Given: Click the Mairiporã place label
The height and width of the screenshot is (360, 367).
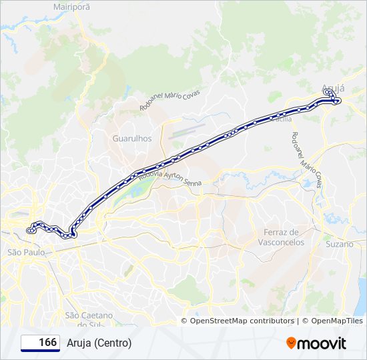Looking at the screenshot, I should pyautogui.click(x=71, y=6).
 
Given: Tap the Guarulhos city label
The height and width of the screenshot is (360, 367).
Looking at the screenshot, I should pyautogui.click(x=132, y=139).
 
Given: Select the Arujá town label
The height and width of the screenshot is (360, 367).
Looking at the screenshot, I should pyautogui.click(x=333, y=87).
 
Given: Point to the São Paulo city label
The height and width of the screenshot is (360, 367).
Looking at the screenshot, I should pyautogui.click(x=26, y=253).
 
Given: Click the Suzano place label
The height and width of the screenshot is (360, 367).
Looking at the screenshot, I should pyautogui.click(x=338, y=245).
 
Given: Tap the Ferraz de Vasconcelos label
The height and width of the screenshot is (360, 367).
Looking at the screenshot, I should pyautogui.click(x=281, y=237).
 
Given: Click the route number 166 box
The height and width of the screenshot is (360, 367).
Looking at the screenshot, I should pyautogui.click(x=41, y=343).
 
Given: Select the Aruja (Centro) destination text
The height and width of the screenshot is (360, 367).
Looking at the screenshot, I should pyautogui.click(x=99, y=343).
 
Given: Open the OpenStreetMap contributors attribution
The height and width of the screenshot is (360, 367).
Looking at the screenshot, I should pyautogui.click(x=242, y=321).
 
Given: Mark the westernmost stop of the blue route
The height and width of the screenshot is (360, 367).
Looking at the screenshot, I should pyautogui.click(x=29, y=231).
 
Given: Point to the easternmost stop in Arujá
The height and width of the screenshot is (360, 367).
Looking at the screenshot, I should pyautogui.click(x=339, y=101).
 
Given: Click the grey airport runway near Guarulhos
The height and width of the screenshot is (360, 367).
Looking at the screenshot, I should pyautogui.click(x=187, y=129).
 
